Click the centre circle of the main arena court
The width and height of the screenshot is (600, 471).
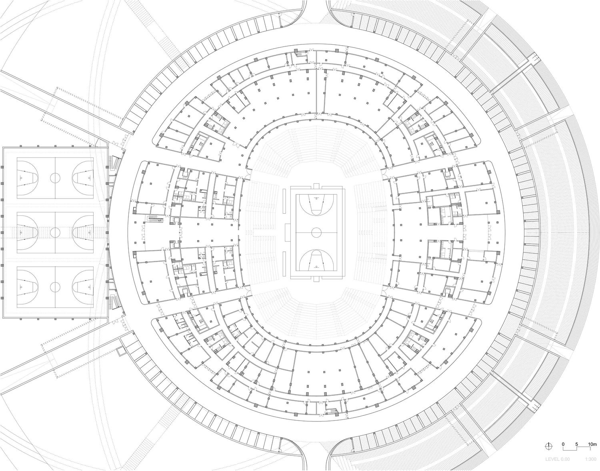click(316, 232)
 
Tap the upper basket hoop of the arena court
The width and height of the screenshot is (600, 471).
click(316, 198)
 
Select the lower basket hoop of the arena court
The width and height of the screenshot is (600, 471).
click(316, 267)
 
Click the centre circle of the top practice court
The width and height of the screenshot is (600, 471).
click(55, 178)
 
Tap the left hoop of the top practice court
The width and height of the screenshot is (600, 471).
click(21, 178)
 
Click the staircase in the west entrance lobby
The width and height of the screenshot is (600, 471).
click(156, 219)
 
